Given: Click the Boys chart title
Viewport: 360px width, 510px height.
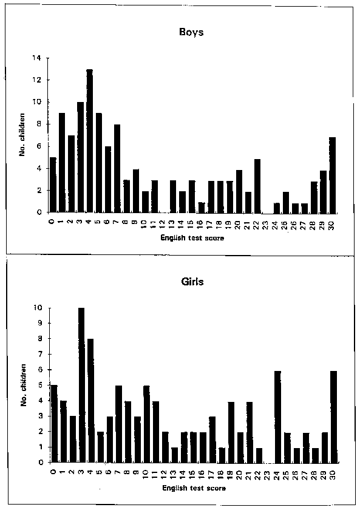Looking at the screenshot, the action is pos(191,32).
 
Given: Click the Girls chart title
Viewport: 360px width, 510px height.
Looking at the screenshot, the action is pos(192,281).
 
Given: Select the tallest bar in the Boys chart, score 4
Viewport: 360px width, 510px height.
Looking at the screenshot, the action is pos(90,141).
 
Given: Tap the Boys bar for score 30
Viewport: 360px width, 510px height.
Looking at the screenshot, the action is pos(332,175).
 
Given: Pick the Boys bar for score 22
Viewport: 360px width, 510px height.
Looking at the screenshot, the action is pos(257,186).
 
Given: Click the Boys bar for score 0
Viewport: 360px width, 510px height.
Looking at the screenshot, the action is pos(53,185).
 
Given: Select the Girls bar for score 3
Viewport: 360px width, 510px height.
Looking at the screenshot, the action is pos(81,385).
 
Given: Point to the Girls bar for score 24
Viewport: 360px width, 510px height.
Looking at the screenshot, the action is pos(277,416).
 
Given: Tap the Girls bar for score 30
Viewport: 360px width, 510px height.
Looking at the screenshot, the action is pos(333,416).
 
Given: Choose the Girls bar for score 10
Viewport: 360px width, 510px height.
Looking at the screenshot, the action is pos(146,424).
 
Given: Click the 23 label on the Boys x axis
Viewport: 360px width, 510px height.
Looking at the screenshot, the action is pos(265,225).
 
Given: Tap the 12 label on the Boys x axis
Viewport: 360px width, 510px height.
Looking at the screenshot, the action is pos(163,225).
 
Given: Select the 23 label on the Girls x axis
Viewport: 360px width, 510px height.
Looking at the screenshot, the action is pos(267,475).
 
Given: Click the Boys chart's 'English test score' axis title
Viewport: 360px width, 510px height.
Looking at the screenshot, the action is pos(192,238).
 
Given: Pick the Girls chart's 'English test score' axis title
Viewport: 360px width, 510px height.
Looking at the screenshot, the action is pos(194,488).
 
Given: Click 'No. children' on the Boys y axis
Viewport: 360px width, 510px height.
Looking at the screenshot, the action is pos(22,135).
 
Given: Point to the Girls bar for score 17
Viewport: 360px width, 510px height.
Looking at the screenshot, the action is pos(212,440).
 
